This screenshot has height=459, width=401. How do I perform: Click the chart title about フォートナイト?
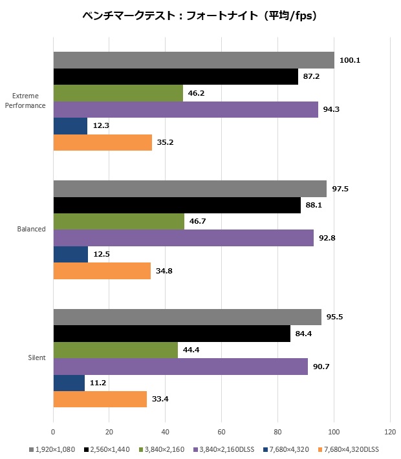click(200, 15)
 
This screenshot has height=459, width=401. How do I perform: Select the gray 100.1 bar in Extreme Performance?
click(193, 60)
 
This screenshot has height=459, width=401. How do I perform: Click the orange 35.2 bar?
click(102, 142)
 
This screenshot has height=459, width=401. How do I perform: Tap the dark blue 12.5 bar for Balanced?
click(70, 254)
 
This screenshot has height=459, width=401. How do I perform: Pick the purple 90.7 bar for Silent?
click(180, 367)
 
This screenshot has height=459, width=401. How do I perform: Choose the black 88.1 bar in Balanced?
click(177, 205)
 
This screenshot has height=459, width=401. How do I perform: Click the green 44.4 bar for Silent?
click(115, 350)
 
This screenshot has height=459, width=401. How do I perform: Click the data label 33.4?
click(160, 400)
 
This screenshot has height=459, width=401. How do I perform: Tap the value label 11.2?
click(98, 383)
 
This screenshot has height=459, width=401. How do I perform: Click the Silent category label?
click(37, 358)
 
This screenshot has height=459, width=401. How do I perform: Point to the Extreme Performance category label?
click(26, 101)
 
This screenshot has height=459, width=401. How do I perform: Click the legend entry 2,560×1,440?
click(107, 448)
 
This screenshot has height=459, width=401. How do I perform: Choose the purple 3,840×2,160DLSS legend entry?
click(222, 448)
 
